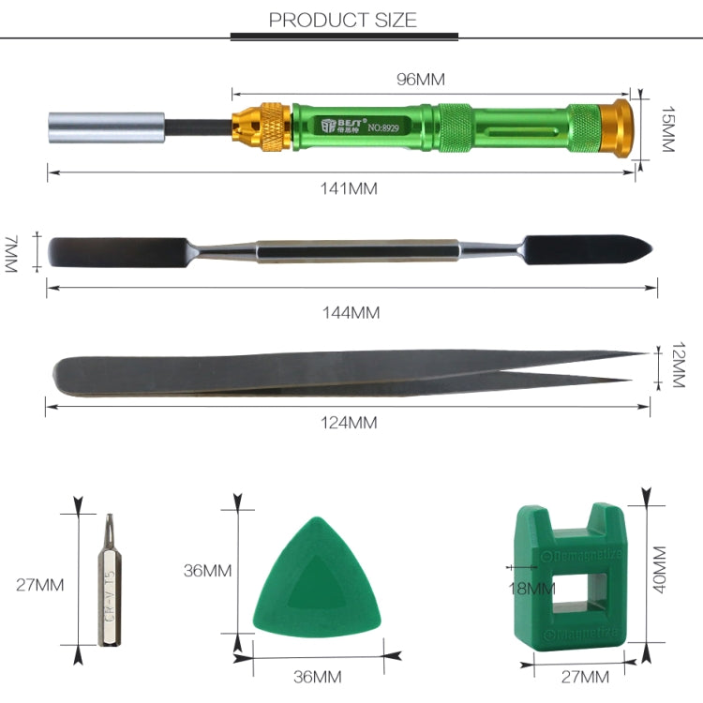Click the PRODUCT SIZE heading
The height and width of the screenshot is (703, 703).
coord(343,20)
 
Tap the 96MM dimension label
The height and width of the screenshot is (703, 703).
coord(421,80)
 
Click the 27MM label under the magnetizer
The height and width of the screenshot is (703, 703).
coord(585,677)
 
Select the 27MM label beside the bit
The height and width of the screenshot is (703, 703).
coord(40,585)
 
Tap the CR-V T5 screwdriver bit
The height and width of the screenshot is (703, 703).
coord(108,581)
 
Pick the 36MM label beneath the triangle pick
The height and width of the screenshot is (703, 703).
coord(317,677)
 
